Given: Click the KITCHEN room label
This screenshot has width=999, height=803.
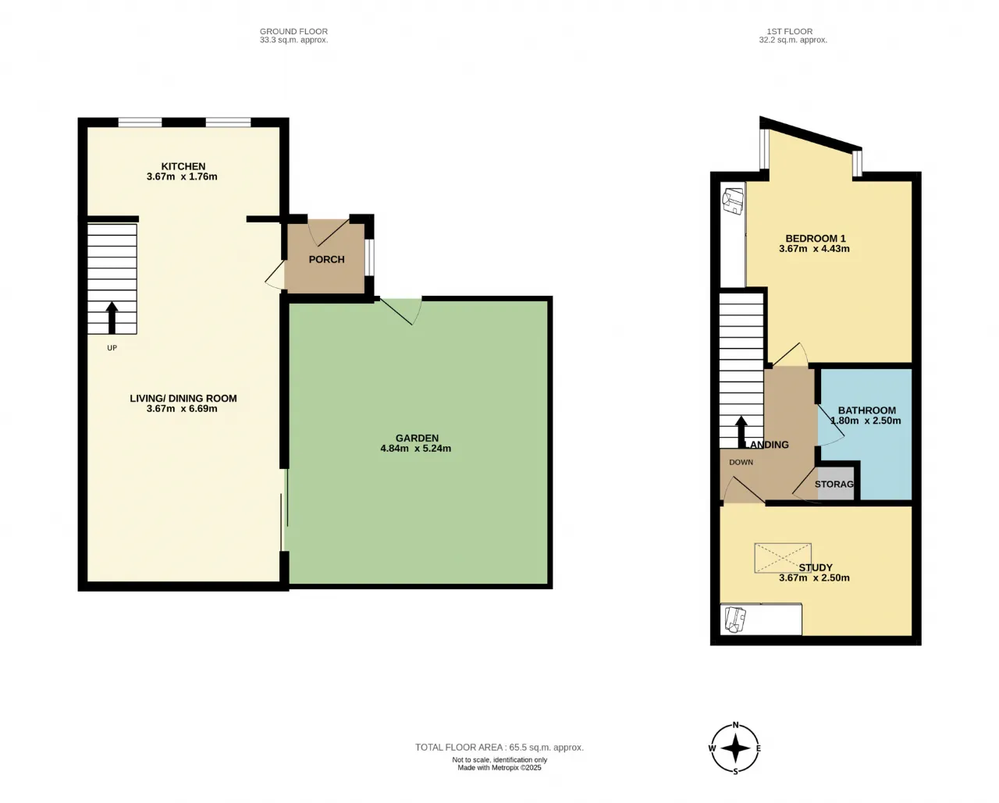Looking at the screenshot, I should (x=183, y=166).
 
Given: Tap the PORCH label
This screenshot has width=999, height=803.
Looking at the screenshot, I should (x=326, y=259).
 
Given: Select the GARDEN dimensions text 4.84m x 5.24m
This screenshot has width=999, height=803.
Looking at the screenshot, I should (x=415, y=449).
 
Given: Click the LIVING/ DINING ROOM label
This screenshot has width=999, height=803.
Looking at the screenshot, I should (x=183, y=398).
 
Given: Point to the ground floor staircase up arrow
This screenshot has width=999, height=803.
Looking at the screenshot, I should (x=112, y=318).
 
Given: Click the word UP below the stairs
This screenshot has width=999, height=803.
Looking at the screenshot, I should (x=112, y=348).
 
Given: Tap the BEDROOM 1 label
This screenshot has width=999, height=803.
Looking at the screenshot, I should (x=815, y=238).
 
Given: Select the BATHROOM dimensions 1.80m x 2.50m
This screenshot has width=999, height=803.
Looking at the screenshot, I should (x=866, y=421).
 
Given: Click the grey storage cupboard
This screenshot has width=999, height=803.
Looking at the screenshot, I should (x=835, y=484).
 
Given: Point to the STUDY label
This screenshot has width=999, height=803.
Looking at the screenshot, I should (x=816, y=567).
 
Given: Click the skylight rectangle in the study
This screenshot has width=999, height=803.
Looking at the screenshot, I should (x=782, y=557).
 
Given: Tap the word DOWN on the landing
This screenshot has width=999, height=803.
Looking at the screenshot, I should (x=741, y=462).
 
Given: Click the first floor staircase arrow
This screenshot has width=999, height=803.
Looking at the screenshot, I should (x=741, y=432).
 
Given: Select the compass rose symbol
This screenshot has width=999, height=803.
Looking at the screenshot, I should (x=734, y=748).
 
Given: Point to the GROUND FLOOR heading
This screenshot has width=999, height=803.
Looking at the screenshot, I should (x=293, y=31).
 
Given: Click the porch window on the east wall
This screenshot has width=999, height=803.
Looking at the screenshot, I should (x=370, y=258).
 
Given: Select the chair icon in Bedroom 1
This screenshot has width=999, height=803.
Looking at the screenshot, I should (x=732, y=201).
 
